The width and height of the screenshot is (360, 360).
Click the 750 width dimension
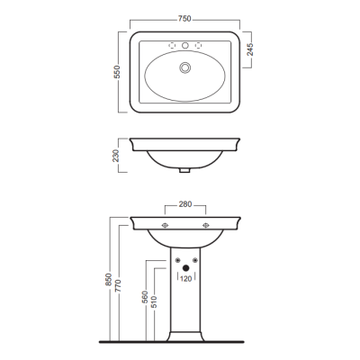pos(184,19)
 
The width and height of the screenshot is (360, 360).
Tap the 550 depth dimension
pos(117,72)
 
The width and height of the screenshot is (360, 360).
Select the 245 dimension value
pos(250,49)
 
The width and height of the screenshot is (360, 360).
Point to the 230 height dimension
pos(116,156)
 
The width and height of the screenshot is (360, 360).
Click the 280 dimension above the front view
pos(185,204)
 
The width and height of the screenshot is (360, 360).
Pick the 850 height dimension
pos(109,279)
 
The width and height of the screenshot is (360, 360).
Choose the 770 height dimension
pos(117,286)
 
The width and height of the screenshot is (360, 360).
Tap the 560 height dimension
pos(145,297)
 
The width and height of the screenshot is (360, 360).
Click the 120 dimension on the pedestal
pos(186,279)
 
